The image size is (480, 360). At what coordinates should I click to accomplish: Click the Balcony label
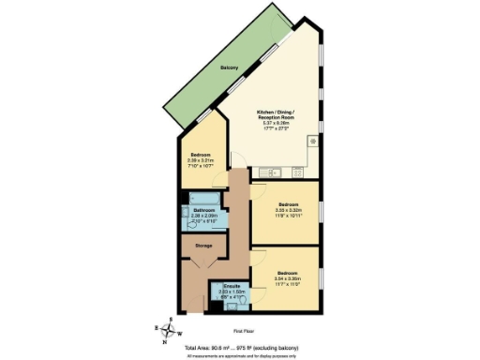pos(228,67)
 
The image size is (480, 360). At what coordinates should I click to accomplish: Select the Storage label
pos(202,246)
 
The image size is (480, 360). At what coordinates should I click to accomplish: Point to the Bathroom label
pos(203,210)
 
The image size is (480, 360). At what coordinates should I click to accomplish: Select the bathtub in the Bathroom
pos(202,198)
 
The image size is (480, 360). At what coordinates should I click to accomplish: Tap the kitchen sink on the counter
pos(266,172)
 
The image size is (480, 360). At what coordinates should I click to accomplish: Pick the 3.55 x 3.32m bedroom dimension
pos(288,210)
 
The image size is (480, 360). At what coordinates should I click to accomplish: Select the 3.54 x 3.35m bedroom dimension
pos(287,278)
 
